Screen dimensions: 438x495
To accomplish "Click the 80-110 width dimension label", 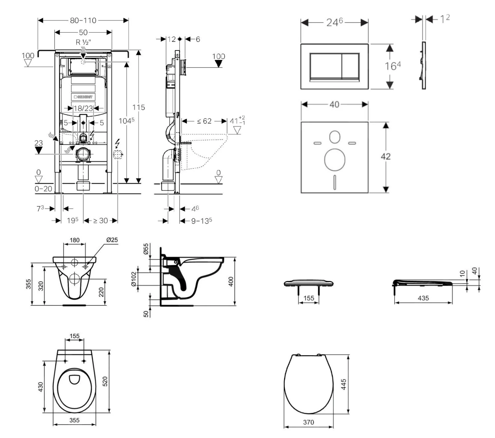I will [x=83, y=20].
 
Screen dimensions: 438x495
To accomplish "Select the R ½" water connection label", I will [x=83, y=42].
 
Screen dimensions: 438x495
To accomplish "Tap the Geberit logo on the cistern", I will [x=83, y=97].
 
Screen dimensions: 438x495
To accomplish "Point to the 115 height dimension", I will [x=139, y=107].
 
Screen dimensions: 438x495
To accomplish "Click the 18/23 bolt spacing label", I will [x=83, y=108].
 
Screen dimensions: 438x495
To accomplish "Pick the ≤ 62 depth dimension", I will [x=204, y=121].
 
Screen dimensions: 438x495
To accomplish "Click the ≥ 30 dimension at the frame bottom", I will [x=100, y=221].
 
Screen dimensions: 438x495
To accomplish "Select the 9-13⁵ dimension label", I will [x=201, y=221].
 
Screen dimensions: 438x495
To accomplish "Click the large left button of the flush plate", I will [x=325, y=66].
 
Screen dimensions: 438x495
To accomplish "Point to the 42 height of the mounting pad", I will [x=385, y=156].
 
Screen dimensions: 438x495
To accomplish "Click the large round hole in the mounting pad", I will [x=335, y=160].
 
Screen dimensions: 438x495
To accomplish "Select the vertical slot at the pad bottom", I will [x=335, y=182].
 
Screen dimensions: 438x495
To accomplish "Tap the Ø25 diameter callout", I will [x=112, y=240].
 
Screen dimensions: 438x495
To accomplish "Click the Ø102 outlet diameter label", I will [x=134, y=279].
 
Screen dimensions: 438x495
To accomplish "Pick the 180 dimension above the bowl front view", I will [x=75, y=240].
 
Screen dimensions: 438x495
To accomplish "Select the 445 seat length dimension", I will [x=344, y=384].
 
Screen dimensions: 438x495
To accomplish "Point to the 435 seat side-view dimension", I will [x=423, y=298].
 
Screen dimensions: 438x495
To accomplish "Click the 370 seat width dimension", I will [x=309, y=422].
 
